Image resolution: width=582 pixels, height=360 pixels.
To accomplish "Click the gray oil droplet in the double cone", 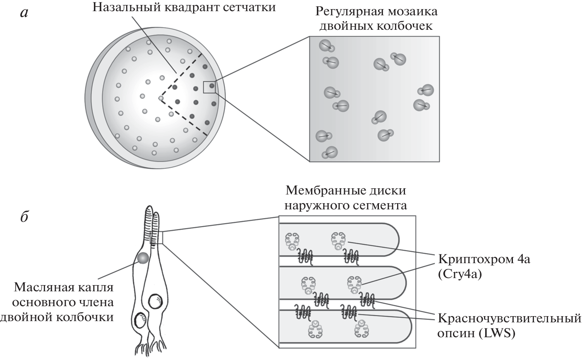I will pos(143,258).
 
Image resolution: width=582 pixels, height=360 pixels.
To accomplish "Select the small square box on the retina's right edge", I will pos(209,87).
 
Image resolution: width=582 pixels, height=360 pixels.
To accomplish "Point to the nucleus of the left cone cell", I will pos(140,320).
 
